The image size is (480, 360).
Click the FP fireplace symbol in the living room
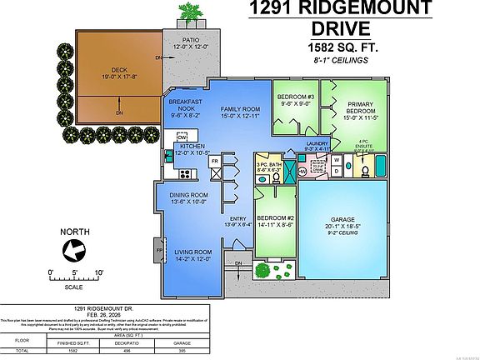point(159,248)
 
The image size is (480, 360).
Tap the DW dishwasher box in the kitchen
point(181,137)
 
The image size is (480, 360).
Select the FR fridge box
point(214,160)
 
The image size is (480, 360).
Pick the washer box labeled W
point(337,157)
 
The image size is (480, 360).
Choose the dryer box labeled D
point(337,171)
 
